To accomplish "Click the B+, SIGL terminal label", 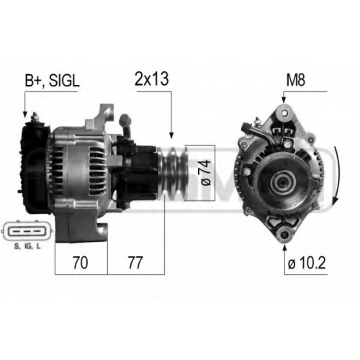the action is coord(52,81).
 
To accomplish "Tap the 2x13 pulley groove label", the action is coord(152,78).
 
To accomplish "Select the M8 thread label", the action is coord(296,80).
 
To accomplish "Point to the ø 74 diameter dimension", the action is coord(206,173).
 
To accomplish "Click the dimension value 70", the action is coord(81,263).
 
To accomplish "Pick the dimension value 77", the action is coord(135,263).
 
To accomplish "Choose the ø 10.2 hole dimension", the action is coord(307,264).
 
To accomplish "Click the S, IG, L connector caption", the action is coord(27,246).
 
